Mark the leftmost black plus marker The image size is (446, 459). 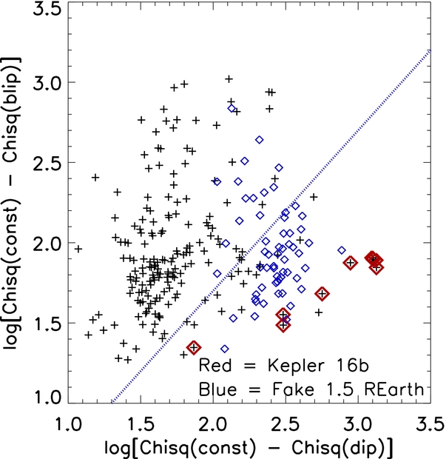[78, 249]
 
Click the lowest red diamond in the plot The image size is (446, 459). [195, 347]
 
